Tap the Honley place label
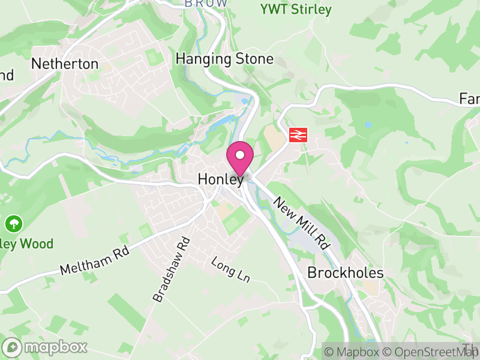click(x=221, y=179)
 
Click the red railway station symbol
click(x=295, y=134)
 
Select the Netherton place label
click(x=64, y=64)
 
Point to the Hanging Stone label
click(x=224, y=59)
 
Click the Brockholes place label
click(x=345, y=272)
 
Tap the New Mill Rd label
click(x=302, y=223)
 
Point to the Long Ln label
click(x=230, y=270)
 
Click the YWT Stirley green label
click(x=296, y=10)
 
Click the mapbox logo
click(x=46, y=347)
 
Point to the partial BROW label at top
click(x=206, y=4)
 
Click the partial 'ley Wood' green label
click(x=27, y=244)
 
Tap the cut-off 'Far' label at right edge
click(x=469, y=98)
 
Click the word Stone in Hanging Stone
click(x=254, y=59)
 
